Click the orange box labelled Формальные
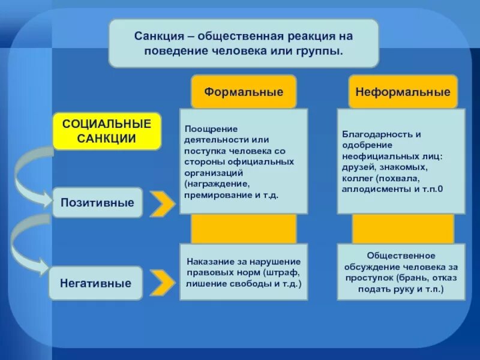244,92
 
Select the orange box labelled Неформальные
403,92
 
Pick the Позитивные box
97,203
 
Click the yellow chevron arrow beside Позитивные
162,204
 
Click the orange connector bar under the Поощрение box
244,229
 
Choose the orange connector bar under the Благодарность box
403,229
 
